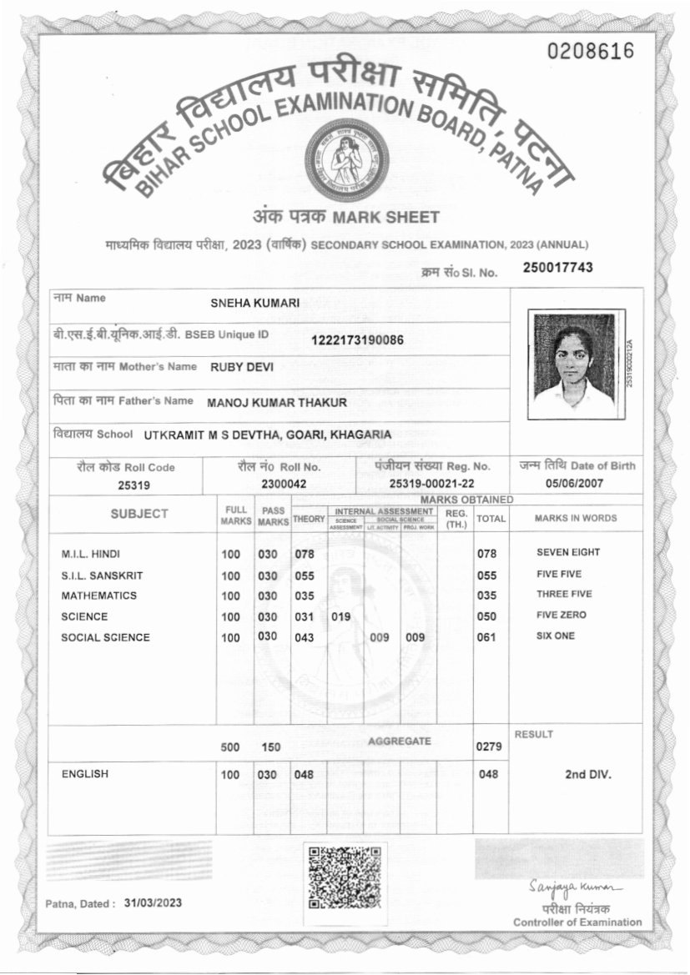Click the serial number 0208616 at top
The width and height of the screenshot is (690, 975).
591,52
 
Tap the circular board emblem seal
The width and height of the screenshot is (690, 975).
346,159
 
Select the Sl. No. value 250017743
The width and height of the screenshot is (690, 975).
558,267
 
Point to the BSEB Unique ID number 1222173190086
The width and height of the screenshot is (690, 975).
357,339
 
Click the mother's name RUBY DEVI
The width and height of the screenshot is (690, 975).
242,366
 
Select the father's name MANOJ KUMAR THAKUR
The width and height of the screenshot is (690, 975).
277,403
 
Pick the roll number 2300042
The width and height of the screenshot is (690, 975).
284,484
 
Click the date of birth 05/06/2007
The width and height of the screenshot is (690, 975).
576,483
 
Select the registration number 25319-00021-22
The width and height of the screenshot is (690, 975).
432,484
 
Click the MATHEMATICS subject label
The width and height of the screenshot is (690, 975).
99,596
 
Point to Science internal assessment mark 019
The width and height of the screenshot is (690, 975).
340,617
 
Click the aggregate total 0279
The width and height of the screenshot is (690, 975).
487,746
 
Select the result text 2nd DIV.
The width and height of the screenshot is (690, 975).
587,774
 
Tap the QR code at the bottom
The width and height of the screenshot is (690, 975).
345,877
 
